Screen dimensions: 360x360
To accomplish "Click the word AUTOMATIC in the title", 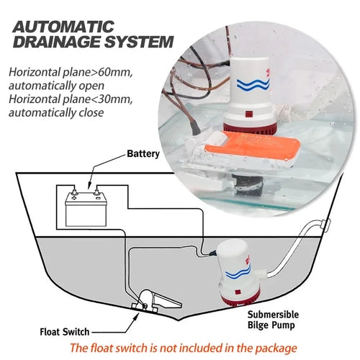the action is point(63,27).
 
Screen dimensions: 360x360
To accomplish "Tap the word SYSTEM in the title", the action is point(139,42).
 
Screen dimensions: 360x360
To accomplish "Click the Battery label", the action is point(143,154).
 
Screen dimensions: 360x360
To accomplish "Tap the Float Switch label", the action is point(65,332).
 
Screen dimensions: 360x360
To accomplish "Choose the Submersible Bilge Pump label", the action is point(273,320).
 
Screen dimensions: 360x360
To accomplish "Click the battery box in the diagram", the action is point(86,210).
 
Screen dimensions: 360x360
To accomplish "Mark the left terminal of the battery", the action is point(74,192).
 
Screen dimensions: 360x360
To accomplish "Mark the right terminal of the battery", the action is point(97,192).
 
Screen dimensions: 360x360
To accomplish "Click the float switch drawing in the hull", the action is point(156,300).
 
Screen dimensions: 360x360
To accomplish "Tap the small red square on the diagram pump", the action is point(238,292).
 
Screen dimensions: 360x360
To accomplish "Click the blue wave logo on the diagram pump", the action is point(238,271).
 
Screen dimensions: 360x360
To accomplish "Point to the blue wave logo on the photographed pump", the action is point(253,84).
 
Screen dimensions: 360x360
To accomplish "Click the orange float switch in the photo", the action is point(252,145).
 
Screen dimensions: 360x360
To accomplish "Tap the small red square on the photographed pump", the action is point(248,114).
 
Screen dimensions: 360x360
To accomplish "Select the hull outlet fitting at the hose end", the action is point(326,225).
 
